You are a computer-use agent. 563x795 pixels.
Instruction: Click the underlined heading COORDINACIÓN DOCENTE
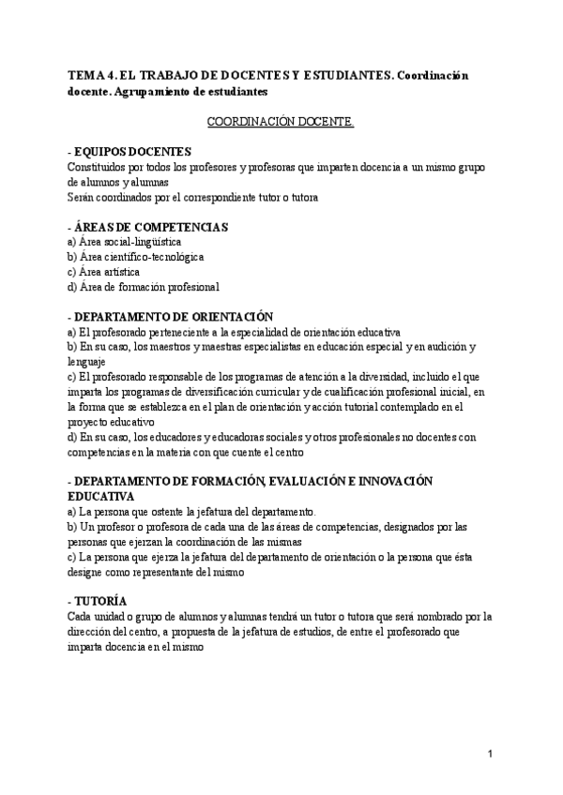point(280,122)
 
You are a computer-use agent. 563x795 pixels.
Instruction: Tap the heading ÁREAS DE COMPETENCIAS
point(148,227)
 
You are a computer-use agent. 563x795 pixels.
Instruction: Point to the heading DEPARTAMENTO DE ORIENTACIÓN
point(171,317)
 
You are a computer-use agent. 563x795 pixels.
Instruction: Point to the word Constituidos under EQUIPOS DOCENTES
point(99,167)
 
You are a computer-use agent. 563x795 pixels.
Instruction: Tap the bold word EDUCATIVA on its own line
point(100,496)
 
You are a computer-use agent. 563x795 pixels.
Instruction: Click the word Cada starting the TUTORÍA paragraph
point(81,616)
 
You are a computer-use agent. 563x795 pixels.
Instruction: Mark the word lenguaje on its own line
point(86,361)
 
